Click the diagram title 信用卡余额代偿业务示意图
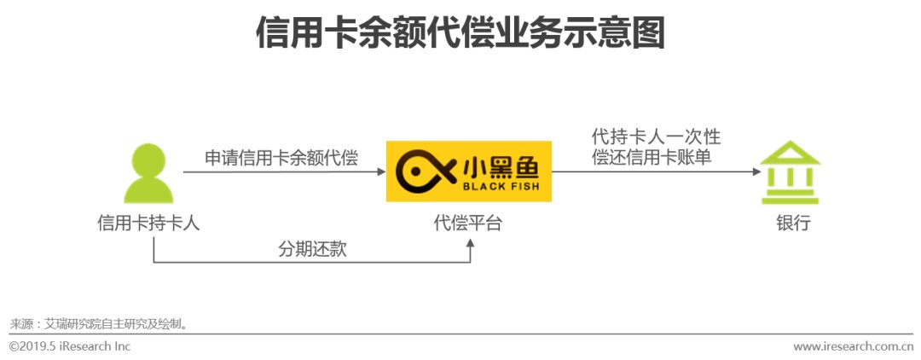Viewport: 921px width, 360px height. click(x=460, y=35)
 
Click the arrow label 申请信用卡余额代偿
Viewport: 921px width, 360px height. click(x=281, y=158)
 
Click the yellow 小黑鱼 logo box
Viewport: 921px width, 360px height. click(x=468, y=172)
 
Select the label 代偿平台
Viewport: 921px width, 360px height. click(x=468, y=224)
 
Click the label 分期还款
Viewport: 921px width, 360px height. click(x=312, y=249)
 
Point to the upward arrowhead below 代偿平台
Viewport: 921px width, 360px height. click(x=469, y=244)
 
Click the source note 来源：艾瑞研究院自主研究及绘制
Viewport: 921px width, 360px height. click(x=98, y=324)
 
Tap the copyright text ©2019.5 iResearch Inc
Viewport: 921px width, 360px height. click(x=70, y=346)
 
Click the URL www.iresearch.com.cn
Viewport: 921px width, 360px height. click(x=853, y=346)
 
